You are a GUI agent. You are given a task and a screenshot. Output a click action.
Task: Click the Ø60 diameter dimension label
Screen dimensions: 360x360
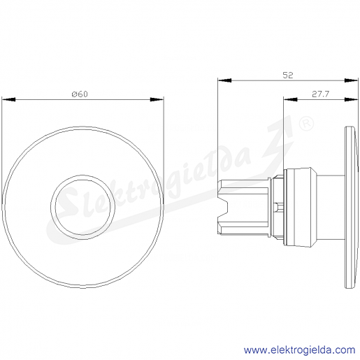80,94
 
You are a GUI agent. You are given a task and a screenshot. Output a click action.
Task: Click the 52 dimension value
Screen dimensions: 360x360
287,75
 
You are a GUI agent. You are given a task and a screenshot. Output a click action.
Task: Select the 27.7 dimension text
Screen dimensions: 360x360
320,94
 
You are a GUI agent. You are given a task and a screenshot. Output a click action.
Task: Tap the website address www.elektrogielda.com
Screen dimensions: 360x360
300,350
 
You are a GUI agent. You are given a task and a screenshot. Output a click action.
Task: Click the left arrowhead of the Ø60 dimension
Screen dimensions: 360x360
8,99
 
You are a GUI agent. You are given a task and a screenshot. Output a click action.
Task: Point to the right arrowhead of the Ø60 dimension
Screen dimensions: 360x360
157,99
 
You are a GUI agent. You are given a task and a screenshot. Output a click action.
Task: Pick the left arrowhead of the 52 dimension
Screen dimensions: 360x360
224,80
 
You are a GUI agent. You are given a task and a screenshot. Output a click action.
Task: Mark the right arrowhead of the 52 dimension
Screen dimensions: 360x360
351,80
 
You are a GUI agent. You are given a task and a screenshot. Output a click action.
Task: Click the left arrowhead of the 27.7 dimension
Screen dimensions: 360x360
290,99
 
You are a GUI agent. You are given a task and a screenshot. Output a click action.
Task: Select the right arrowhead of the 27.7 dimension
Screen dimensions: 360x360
351,99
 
